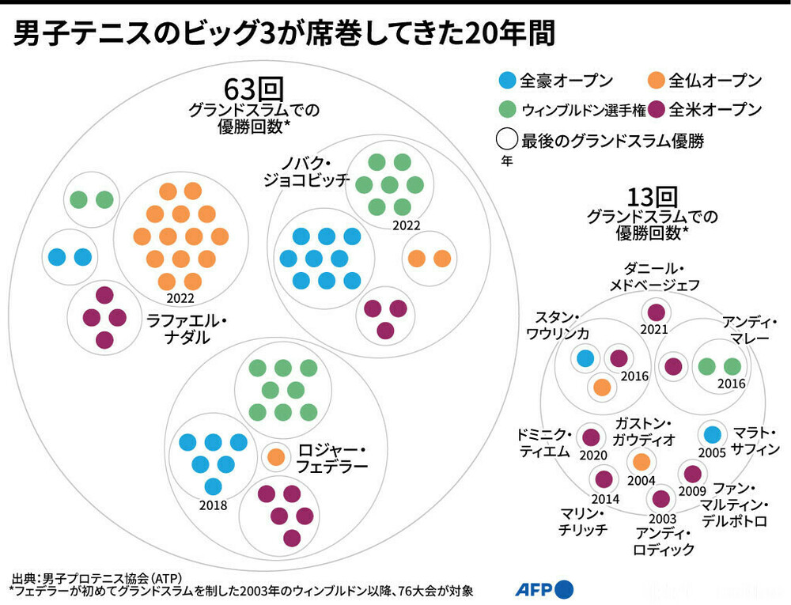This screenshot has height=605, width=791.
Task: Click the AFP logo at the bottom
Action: [x=544, y=589]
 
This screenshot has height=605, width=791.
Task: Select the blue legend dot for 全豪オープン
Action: [x=507, y=80]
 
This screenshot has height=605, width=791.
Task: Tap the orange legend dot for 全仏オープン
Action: [x=656, y=80]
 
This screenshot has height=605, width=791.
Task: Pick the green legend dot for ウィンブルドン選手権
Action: [x=507, y=109]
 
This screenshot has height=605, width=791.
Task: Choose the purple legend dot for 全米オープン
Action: [x=656, y=109]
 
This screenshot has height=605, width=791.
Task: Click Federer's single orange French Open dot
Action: [x=276, y=456]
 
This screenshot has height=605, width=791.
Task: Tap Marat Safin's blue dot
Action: [x=713, y=433]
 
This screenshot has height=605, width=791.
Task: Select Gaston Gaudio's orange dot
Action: [x=642, y=461]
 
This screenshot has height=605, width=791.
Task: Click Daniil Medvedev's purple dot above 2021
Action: [x=656, y=311]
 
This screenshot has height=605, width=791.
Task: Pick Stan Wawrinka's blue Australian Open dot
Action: [x=585, y=358]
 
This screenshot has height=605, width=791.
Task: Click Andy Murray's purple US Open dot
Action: [x=672, y=366]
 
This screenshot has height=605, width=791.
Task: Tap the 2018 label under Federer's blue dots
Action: [x=214, y=506]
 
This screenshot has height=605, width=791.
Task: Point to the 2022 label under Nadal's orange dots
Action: [x=180, y=299]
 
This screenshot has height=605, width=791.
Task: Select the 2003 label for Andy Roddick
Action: [x=661, y=518]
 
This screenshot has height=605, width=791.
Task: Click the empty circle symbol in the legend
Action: [x=507, y=141]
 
